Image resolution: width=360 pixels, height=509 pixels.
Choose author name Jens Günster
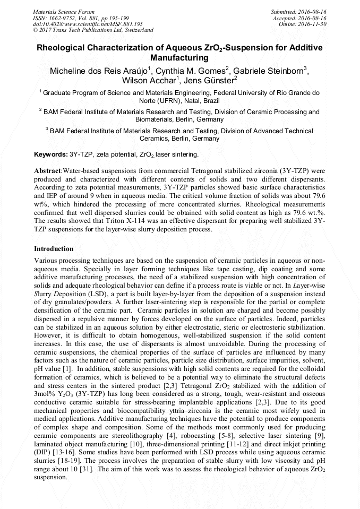(x=210, y=81)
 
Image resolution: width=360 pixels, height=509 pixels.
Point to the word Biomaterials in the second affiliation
(x=155, y=120)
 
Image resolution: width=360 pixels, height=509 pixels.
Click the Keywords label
(x=50, y=154)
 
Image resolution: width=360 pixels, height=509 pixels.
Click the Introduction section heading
(x=54, y=249)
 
